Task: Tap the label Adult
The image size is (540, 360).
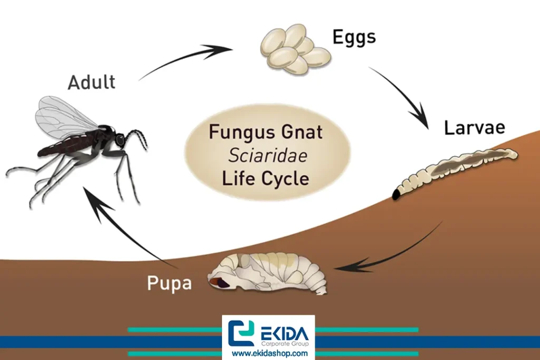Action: pos(91,82)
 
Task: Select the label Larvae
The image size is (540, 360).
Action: pos(474,128)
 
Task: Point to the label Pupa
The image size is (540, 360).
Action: pos(169,284)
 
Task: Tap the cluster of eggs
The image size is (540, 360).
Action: pos(294,49)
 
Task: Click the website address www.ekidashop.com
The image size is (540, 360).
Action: pos(269,353)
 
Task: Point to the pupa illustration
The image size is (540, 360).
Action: pos(269,273)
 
